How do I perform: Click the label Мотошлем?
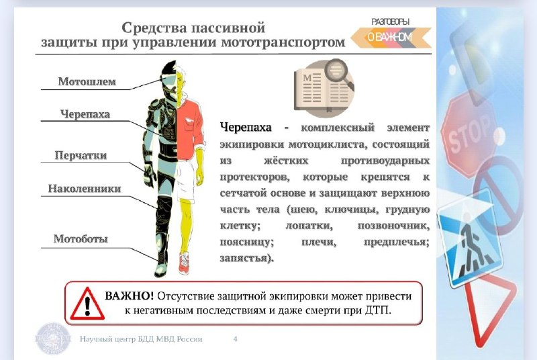click(x=87, y=81)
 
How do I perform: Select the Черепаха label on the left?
click(x=85, y=114)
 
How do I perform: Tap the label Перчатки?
click(x=81, y=156)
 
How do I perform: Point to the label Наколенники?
click(x=85, y=189)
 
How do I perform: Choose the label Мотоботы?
click(x=81, y=238)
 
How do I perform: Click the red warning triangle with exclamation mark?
click(x=87, y=304)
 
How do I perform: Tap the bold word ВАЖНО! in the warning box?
click(x=129, y=296)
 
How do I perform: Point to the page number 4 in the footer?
click(x=236, y=339)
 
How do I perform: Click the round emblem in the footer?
click(x=53, y=339)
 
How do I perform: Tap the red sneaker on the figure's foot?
click(x=184, y=263)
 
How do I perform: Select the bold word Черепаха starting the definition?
click(x=246, y=128)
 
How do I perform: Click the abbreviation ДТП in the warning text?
click(x=378, y=311)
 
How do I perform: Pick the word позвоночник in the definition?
click(x=393, y=226)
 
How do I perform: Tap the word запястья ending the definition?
click(x=246, y=259)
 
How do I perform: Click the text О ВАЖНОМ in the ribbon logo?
click(x=390, y=37)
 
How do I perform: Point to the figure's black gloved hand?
click(x=149, y=175)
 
